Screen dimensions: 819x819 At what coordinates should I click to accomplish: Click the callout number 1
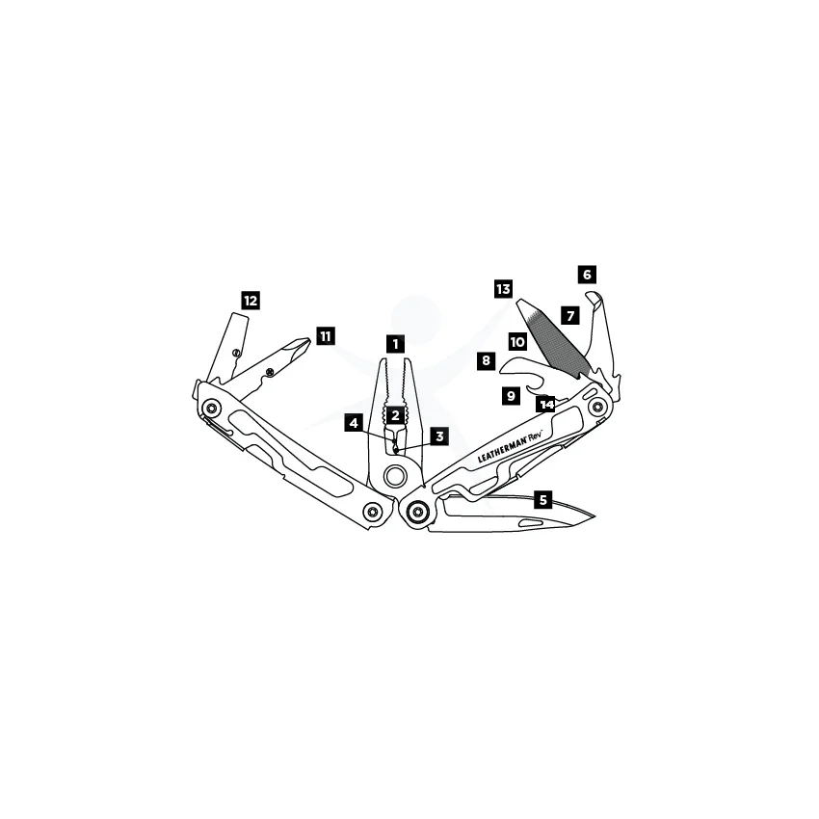(x=395, y=344)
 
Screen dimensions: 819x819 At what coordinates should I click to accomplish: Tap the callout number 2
(x=395, y=416)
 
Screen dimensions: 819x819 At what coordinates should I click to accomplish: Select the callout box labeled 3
(x=439, y=436)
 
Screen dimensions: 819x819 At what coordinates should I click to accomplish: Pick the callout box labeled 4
(x=355, y=423)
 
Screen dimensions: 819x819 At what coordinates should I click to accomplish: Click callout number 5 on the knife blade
(x=543, y=500)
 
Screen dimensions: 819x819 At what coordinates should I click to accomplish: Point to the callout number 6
(x=587, y=275)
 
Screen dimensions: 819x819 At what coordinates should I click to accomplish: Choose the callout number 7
(x=570, y=315)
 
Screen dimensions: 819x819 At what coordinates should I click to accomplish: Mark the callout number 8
(x=487, y=360)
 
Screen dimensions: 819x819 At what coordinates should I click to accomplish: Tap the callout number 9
(x=511, y=395)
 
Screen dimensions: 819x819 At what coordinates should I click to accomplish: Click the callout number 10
(x=517, y=342)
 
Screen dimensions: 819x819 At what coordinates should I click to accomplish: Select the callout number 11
(x=326, y=336)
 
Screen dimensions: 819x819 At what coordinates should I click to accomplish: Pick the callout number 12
(x=251, y=301)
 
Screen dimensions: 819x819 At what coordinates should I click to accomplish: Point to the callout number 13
(x=504, y=289)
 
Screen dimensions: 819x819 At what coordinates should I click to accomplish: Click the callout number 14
(x=545, y=405)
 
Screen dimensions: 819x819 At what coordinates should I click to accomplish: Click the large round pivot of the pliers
(x=394, y=476)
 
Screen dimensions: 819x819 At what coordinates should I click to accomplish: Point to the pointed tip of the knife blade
(x=594, y=516)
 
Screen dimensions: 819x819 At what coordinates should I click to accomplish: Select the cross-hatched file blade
(x=555, y=338)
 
